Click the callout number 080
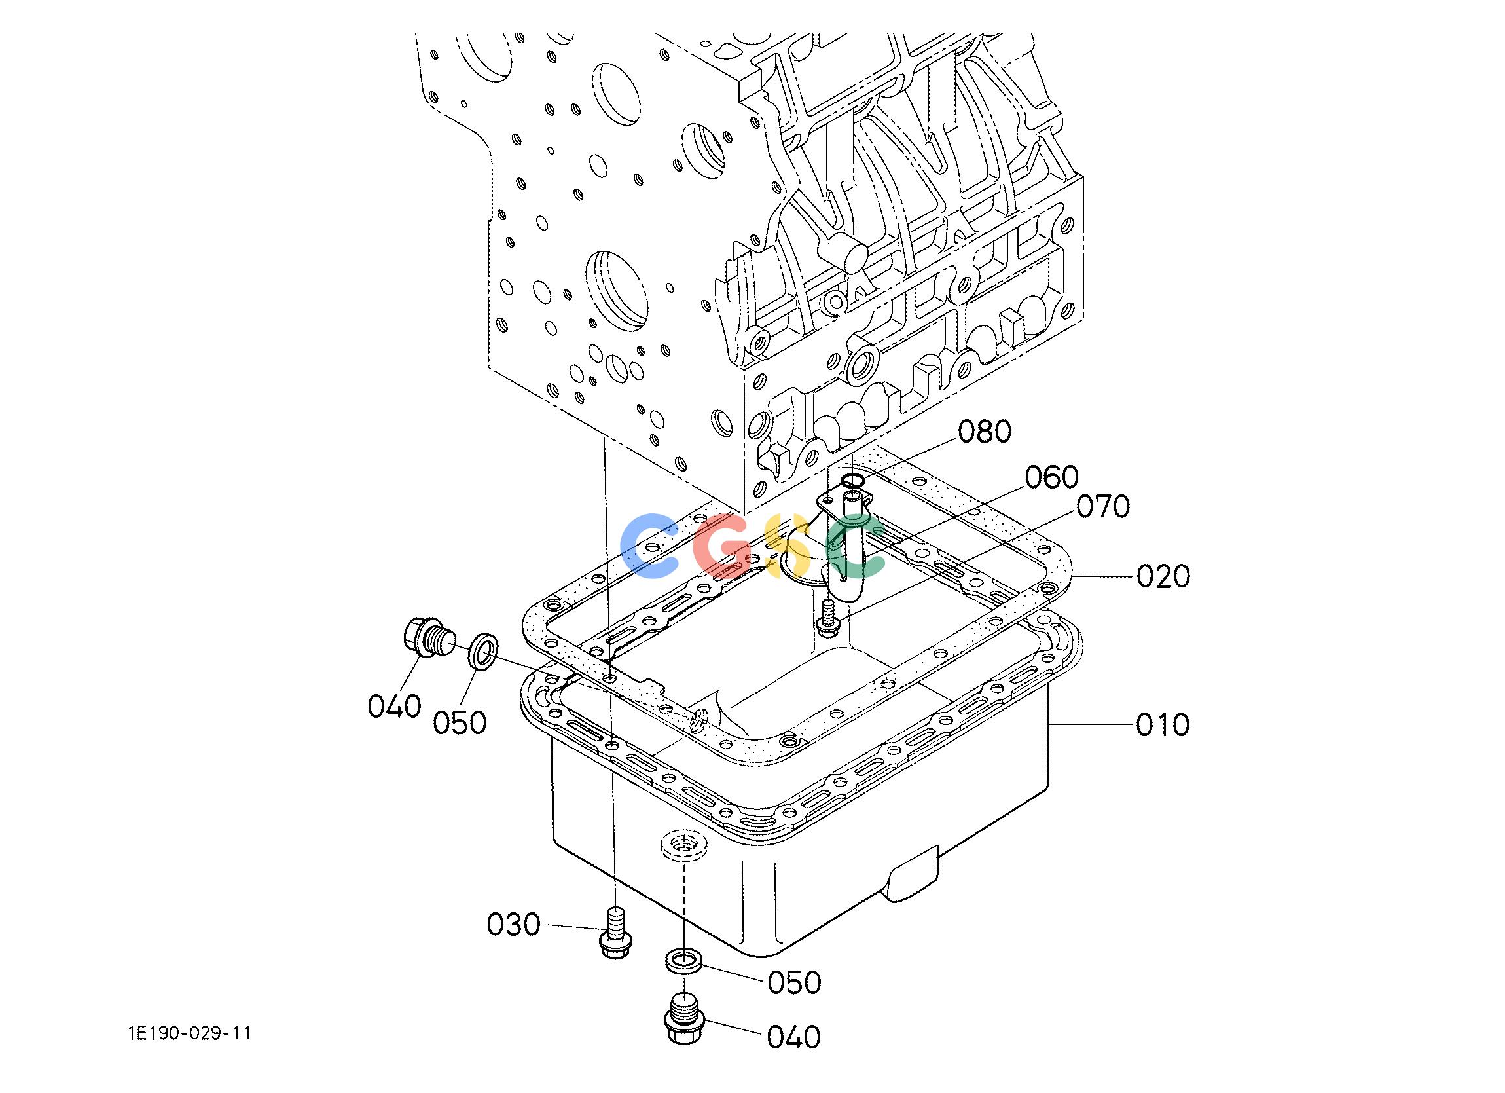(984, 432)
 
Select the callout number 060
(1052, 477)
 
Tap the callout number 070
(1103, 507)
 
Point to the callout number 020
(1163, 576)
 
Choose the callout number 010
(1163, 725)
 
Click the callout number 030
(514, 924)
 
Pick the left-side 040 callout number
(395, 706)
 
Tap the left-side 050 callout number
(460, 722)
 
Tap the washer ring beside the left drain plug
(484, 650)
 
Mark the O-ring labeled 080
(852, 480)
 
